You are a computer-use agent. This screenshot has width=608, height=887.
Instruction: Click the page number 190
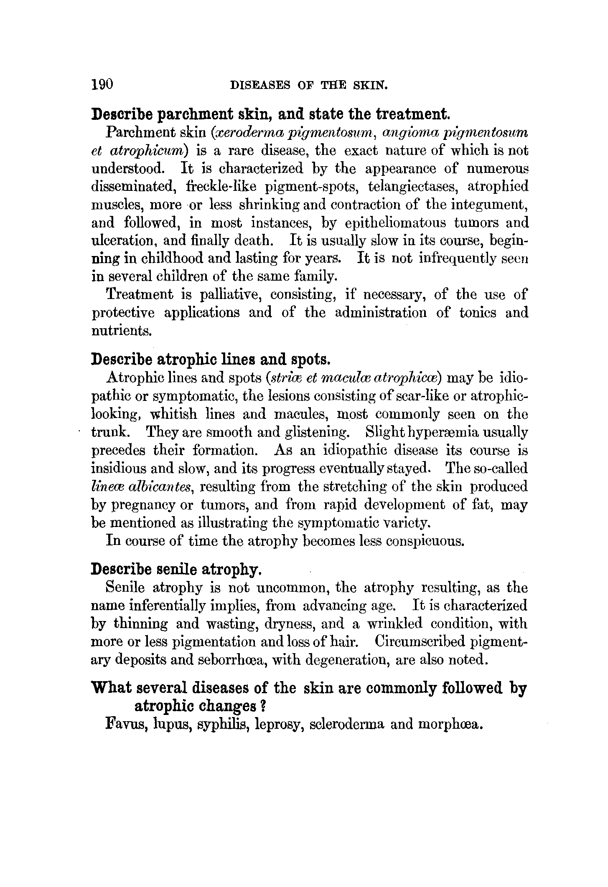tap(102, 84)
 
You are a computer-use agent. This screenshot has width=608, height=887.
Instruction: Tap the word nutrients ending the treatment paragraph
tap(121, 331)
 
